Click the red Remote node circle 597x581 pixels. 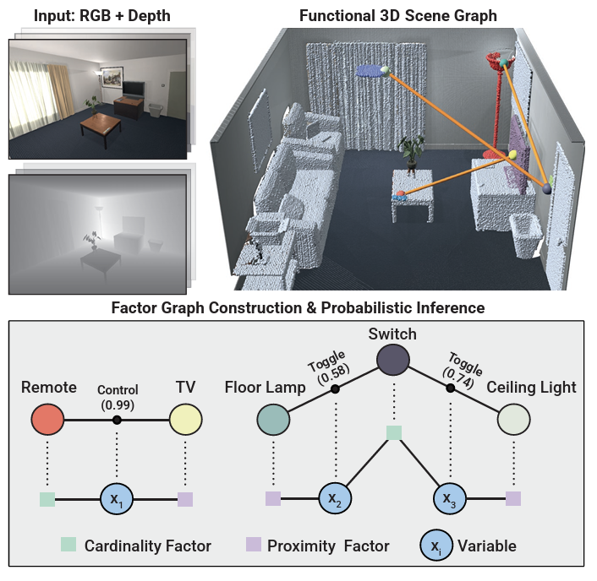(47, 420)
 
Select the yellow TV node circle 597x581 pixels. (184, 420)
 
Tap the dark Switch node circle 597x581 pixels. (392, 360)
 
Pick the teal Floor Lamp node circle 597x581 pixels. (274, 420)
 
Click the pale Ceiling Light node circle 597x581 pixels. (513, 420)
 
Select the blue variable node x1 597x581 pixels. (117, 499)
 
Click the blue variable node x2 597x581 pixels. (335, 499)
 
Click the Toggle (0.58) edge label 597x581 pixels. (325, 366)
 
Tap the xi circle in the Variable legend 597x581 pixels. (435, 545)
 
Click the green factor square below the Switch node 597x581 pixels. (392, 432)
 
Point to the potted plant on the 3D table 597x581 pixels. (412, 153)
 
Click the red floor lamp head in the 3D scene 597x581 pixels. (496, 60)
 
